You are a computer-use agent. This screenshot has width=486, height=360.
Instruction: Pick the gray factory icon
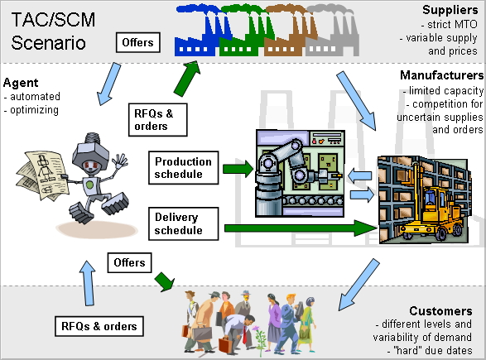pos(333,34)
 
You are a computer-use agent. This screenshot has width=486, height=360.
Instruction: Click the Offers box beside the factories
pos(138,42)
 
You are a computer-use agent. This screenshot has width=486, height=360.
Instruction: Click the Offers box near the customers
pos(129,262)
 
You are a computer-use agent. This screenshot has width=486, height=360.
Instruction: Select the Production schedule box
pos(184,168)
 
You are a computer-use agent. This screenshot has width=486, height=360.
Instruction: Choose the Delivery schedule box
pos(184,223)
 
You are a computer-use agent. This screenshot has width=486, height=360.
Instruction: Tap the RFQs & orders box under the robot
pos(99,326)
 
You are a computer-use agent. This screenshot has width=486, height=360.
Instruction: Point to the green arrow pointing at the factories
pos(186,78)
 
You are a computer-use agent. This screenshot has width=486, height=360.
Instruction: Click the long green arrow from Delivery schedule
pos(301,228)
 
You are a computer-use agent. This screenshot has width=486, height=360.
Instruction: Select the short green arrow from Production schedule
pos(238,169)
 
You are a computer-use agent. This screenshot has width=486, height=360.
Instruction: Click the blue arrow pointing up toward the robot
pos(88,283)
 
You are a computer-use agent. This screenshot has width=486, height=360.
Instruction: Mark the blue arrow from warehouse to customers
pos(358,285)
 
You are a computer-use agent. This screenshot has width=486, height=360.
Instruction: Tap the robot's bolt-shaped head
pos(91,151)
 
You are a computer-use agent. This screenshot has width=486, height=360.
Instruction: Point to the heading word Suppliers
pos(450,10)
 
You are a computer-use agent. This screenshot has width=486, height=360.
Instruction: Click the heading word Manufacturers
pos(441,75)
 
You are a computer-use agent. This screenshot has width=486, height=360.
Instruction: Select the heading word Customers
pos(440,310)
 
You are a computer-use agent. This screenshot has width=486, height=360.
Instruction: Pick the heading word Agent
pos(21,83)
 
